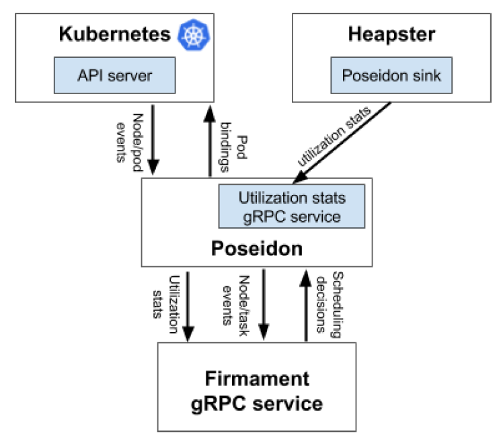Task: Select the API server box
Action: click(x=115, y=75)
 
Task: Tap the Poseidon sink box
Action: click(x=391, y=75)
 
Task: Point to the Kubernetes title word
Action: click(x=115, y=35)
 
